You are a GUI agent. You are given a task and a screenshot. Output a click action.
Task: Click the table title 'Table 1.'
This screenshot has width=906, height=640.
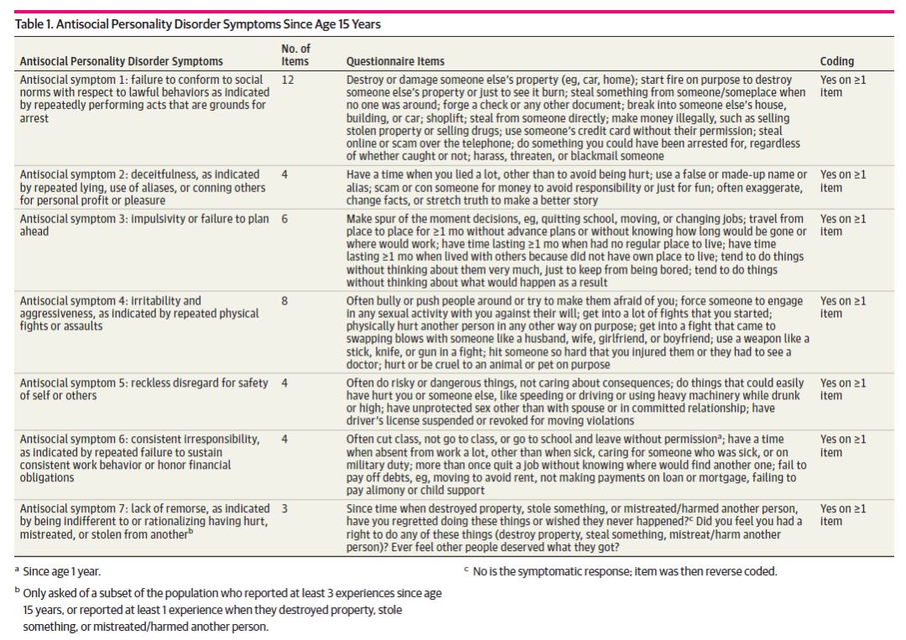39,24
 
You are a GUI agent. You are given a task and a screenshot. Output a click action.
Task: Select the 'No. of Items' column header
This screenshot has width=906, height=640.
295,55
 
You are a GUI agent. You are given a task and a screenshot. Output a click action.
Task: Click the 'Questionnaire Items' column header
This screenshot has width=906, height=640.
395,61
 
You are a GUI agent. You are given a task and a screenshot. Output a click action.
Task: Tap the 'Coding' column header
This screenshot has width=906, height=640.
836,61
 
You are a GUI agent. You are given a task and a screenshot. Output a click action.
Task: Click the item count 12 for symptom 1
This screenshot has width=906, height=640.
287,80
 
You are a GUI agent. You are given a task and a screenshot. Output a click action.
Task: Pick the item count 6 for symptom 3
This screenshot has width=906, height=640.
284,219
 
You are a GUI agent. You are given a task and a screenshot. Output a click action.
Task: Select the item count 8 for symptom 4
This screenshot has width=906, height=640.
284,300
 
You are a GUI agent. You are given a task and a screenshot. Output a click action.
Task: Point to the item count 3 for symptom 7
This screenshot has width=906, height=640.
284,508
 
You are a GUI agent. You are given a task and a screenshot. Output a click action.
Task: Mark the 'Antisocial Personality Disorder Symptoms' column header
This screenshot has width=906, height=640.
122,61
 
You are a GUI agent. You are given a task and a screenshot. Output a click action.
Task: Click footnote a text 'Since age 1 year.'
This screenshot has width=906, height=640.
66,572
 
